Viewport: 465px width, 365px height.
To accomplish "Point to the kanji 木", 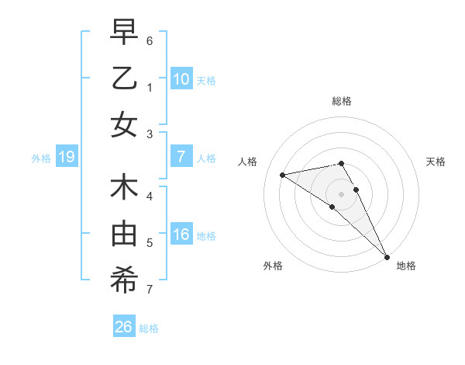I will [124, 188].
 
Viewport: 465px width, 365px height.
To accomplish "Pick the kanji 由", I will [124, 234].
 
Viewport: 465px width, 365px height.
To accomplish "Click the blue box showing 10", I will [181, 79].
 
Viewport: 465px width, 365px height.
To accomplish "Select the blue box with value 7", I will [181, 158].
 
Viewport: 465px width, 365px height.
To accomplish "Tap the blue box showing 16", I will [181, 235].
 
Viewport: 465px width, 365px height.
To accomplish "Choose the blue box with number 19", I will [67, 158].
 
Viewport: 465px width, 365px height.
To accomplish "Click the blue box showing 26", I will [124, 327].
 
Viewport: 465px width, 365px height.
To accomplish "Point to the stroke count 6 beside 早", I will [150, 40].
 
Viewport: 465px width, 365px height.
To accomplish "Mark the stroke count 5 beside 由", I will [150, 243].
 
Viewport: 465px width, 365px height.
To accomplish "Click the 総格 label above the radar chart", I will [342, 101].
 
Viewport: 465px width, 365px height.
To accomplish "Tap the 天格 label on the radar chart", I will [436, 162].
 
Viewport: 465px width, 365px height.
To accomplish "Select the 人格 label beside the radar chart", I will [247, 162].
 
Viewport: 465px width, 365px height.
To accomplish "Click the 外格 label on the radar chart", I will [273, 266].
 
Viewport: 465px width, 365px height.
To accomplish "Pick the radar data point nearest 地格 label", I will [387, 256].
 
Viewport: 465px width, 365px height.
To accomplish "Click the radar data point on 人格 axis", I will [283, 175].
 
